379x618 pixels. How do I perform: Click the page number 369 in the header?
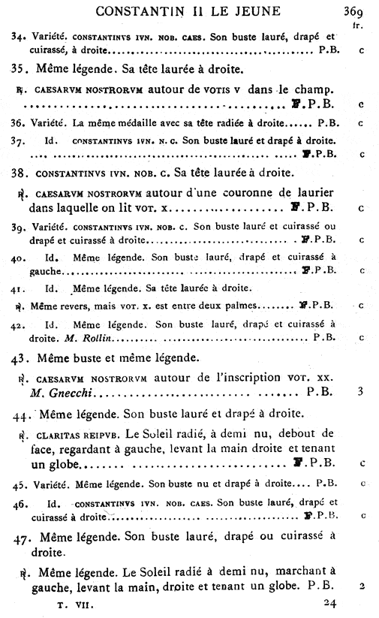point(353,11)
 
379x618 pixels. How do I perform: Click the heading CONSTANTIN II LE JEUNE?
point(188,11)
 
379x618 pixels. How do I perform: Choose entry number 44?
point(22,414)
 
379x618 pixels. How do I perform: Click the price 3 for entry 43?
point(361,391)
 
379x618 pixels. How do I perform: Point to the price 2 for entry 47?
point(361,585)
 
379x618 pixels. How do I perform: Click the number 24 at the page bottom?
point(330,602)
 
